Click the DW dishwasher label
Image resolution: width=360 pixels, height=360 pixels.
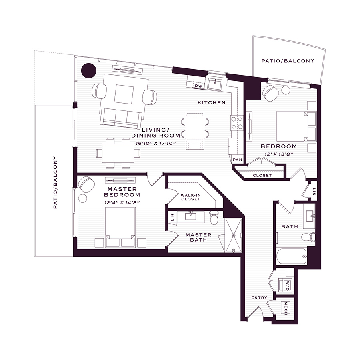click(198, 86)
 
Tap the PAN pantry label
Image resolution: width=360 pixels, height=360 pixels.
click(237, 160)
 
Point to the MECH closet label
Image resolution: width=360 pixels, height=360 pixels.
click(286, 308)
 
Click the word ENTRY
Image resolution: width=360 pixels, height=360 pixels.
click(259, 298)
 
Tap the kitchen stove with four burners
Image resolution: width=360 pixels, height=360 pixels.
click(237, 123)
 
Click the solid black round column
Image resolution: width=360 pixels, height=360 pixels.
click(88, 70)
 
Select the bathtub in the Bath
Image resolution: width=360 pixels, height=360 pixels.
click(292, 256)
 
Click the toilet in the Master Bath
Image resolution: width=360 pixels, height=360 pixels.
click(214, 218)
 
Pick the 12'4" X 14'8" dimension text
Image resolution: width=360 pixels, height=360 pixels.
click(122, 203)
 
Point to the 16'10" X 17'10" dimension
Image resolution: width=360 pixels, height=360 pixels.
click(156, 144)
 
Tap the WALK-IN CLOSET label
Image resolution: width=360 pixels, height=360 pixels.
click(190, 197)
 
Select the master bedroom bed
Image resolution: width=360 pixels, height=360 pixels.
click(120, 227)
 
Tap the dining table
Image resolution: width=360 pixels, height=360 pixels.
click(118, 153)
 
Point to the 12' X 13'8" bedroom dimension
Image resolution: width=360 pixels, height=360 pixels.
click(279, 154)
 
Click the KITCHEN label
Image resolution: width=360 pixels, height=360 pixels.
click(212, 103)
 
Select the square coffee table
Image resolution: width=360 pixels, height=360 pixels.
click(124, 94)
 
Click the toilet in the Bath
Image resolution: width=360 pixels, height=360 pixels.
click(308, 237)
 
